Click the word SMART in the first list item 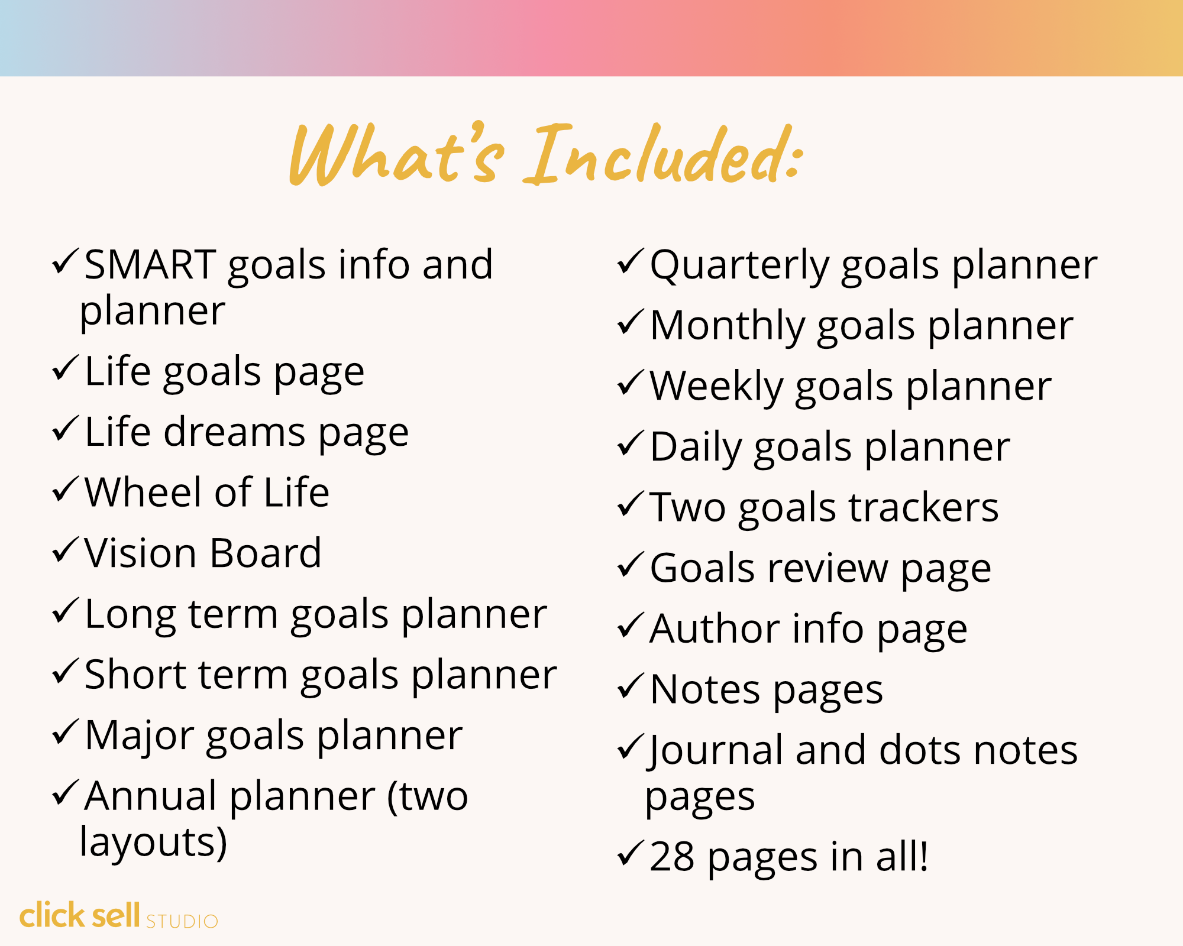coord(150,264)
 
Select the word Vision coord(140,553)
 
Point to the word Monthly coord(727,326)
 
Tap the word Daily coord(696,448)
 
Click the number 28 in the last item coord(672,857)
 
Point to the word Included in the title coord(663,154)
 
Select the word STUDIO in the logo coord(182,922)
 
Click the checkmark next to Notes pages coord(631,686)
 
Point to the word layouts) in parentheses coord(153,843)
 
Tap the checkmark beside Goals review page coord(631,564)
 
